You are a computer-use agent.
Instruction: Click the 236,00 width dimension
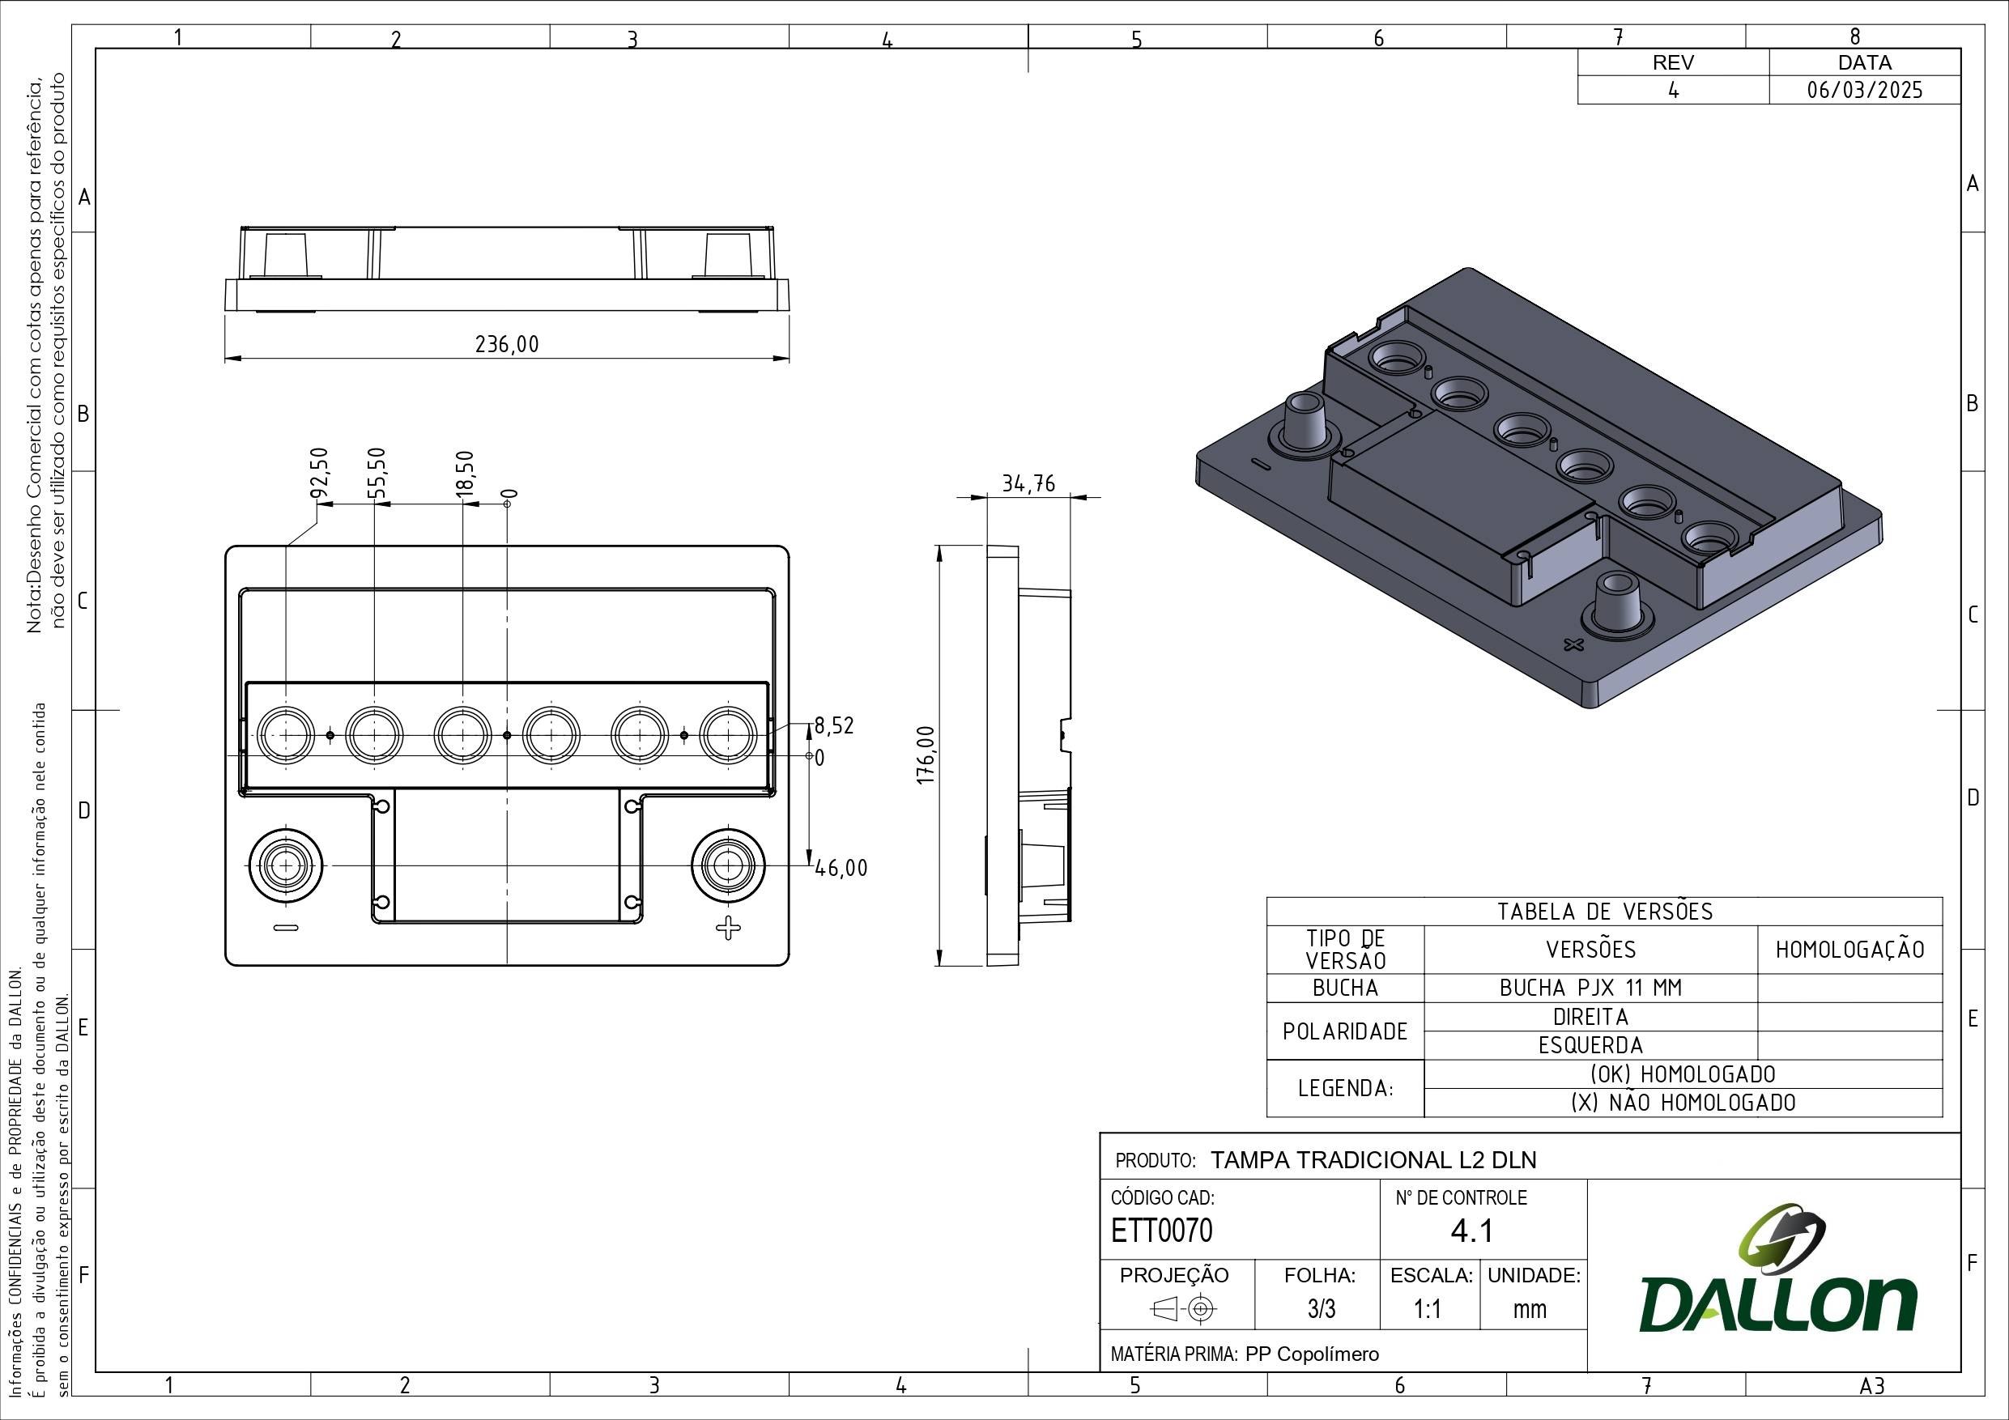point(508,344)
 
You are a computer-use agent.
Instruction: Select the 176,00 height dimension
point(927,755)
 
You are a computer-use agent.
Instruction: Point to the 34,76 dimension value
point(1028,484)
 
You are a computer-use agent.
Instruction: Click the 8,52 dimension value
point(834,725)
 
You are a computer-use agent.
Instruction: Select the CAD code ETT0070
point(1162,1230)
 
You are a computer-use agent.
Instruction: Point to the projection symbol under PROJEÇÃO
point(1184,1309)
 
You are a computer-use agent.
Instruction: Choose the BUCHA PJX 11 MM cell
point(1590,988)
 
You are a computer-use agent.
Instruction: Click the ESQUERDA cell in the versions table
point(1590,1045)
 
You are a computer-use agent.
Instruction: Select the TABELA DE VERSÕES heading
point(1605,912)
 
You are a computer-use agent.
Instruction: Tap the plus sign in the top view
point(727,928)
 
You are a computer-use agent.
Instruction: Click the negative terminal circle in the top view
point(285,865)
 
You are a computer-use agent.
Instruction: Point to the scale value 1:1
point(1427,1309)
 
